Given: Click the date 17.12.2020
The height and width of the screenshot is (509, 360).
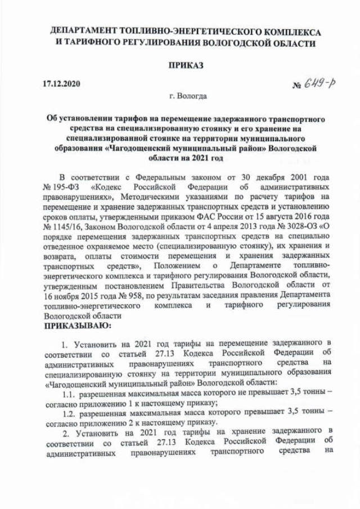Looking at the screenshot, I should click(62, 84).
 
